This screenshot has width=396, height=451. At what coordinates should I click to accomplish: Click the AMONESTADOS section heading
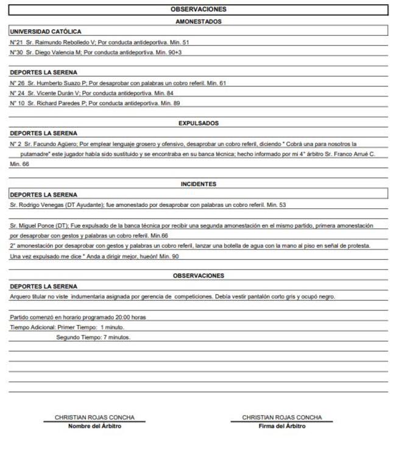[x=198, y=21]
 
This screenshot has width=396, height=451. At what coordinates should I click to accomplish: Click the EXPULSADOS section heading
[x=198, y=123]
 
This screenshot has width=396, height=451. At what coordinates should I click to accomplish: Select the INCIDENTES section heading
[x=198, y=184]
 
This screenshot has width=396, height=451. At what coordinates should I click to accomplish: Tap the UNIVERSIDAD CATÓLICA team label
[x=46, y=32]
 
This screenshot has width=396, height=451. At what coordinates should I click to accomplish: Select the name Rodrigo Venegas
[x=36, y=205]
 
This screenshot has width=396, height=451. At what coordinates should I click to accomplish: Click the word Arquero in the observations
[x=21, y=296]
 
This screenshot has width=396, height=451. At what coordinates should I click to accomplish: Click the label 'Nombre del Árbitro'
[x=94, y=426]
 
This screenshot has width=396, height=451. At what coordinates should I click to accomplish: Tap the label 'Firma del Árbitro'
[x=282, y=426]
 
